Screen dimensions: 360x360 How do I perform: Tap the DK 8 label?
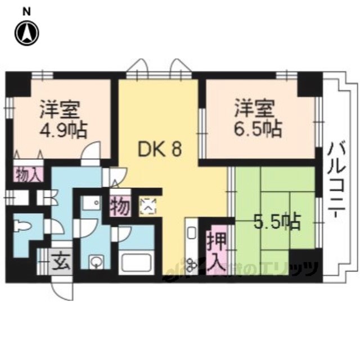160,150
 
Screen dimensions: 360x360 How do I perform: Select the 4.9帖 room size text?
62,131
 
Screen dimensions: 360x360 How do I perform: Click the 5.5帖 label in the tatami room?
276,222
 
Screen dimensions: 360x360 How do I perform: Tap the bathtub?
137,263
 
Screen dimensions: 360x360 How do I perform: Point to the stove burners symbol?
190,262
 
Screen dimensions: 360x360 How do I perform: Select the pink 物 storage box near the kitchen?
120,206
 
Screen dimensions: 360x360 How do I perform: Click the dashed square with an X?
148,206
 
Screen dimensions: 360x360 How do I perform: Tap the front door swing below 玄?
63,287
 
